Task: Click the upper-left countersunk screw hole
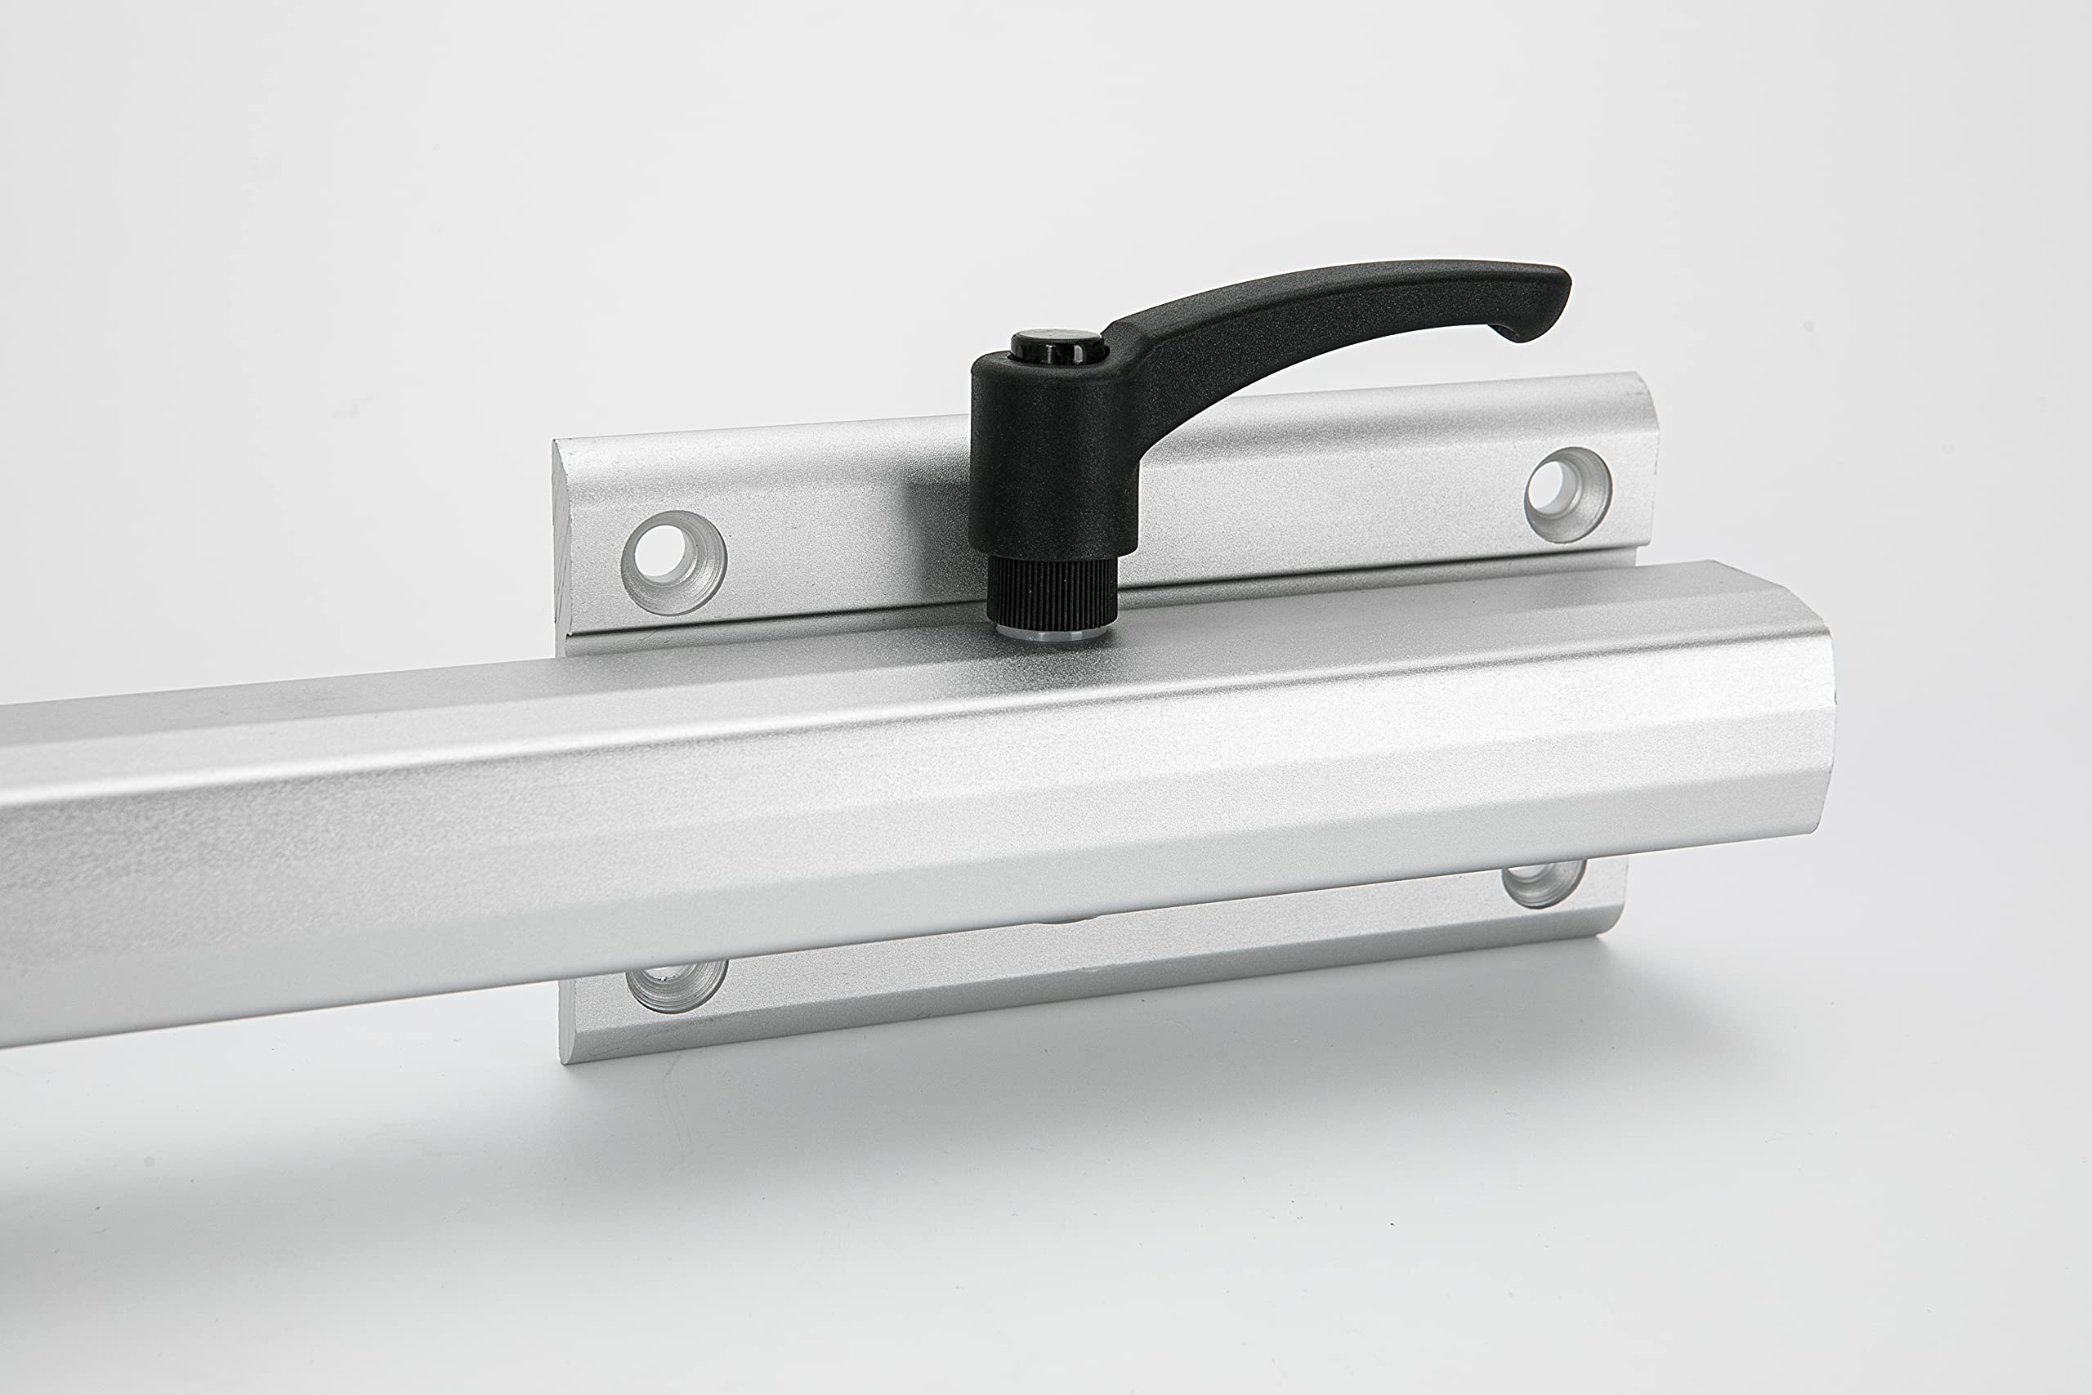(673, 562)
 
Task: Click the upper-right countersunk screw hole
(1567, 494)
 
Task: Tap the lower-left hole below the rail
(676, 983)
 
